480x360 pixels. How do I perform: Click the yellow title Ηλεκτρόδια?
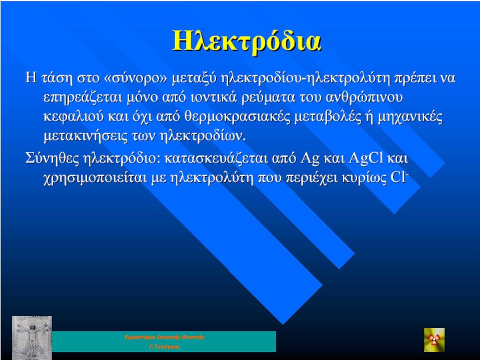[246, 41]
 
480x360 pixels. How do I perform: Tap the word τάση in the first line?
[57, 78]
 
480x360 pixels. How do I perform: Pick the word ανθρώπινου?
[364, 97]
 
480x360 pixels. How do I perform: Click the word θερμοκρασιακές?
[237, 117]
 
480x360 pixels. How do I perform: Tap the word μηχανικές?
[410, 117]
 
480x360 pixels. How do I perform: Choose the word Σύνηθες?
[52, 158]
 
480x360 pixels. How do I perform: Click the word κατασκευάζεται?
[216, 158]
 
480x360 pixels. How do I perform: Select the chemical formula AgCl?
[366, 158]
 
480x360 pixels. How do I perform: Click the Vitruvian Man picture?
[32, 337]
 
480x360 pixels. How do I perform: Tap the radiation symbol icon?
[434, 340]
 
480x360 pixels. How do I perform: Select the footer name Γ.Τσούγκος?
[164, 347]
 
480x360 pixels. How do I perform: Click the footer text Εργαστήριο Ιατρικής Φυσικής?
[164, 337]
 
